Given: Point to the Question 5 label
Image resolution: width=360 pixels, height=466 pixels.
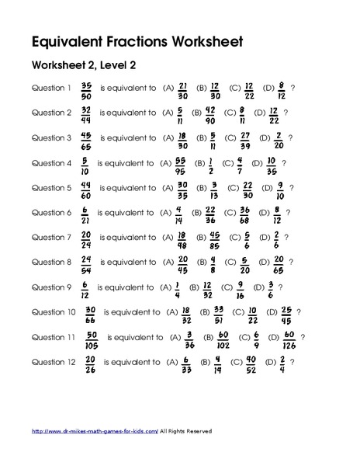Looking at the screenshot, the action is click(x=51, y=188).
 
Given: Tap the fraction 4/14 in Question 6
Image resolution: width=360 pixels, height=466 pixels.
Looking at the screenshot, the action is click(x=178, y=213).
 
